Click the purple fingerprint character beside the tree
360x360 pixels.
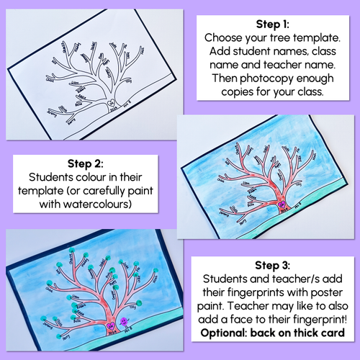point(125,320)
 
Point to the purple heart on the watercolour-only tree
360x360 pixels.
point(274,204)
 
